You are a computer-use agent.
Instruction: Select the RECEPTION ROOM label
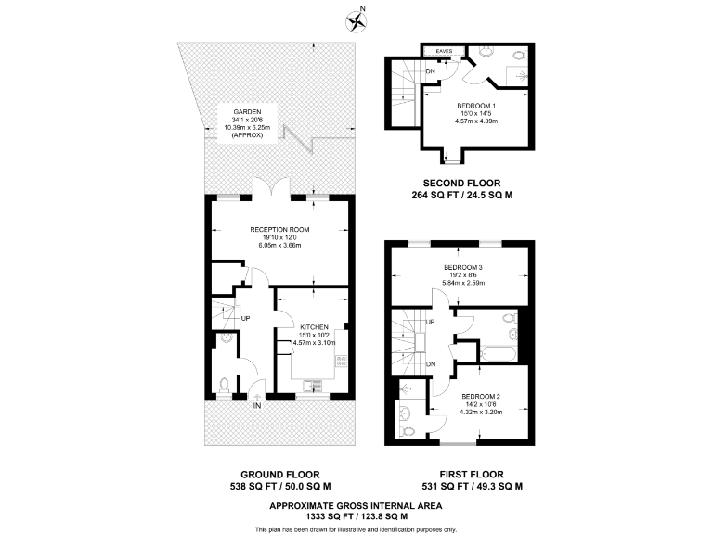279,229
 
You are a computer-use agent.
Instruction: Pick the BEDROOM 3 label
468,268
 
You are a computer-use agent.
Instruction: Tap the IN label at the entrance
257,406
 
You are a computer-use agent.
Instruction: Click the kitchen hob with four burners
341,361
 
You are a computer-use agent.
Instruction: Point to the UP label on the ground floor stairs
246,319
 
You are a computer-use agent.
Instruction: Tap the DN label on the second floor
430,70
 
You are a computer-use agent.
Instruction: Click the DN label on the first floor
430,364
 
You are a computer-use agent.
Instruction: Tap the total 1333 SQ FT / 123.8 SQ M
356,515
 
